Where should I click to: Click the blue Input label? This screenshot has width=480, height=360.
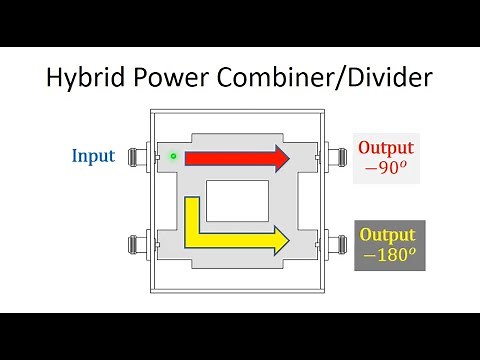click(93, 156)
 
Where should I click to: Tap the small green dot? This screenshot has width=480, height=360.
click(173, 156)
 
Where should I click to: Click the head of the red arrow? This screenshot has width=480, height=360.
click(279, 157)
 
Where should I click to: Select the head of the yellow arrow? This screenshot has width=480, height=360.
click(279, 240)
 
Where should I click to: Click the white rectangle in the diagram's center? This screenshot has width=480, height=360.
click(237, 199)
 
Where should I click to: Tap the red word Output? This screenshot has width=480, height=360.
click(386, 149)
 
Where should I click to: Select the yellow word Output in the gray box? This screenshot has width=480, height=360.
click(388, 236)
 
